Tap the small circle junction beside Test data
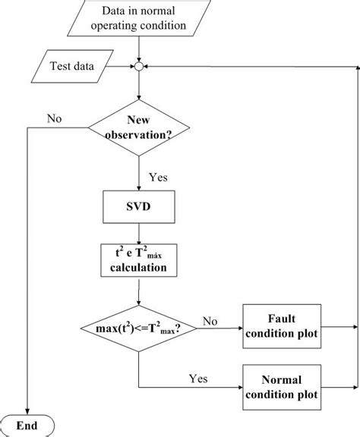139,67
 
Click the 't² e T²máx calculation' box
139,260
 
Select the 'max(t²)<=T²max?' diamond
139,328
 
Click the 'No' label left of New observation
55,118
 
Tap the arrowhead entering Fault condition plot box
239,328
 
